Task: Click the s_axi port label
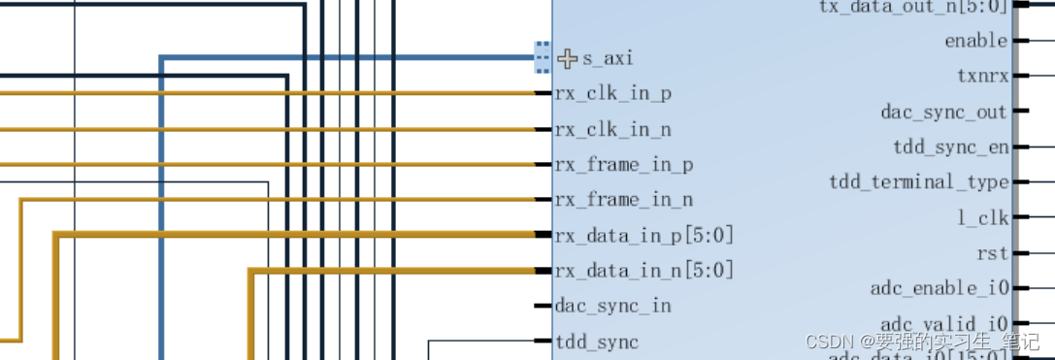point(608,59)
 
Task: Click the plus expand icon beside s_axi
point(568,58)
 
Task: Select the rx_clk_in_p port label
point(612,94)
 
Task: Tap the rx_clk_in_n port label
point(612,130)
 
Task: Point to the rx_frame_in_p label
point(623,165)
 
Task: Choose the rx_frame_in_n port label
point(623,201)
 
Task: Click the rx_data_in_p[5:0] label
point(643,236)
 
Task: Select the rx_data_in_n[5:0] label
point(643,271)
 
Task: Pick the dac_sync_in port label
point(612,307)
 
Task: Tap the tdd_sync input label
point(597,342)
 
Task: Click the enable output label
point(975,41)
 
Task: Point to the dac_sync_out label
point(943,113)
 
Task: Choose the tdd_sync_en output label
point(949,147)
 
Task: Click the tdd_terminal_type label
point(918,182)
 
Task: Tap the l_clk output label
point(982,218)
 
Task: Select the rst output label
point(992,253)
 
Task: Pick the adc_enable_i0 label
point(939,288)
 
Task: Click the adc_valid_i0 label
point(944,323)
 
